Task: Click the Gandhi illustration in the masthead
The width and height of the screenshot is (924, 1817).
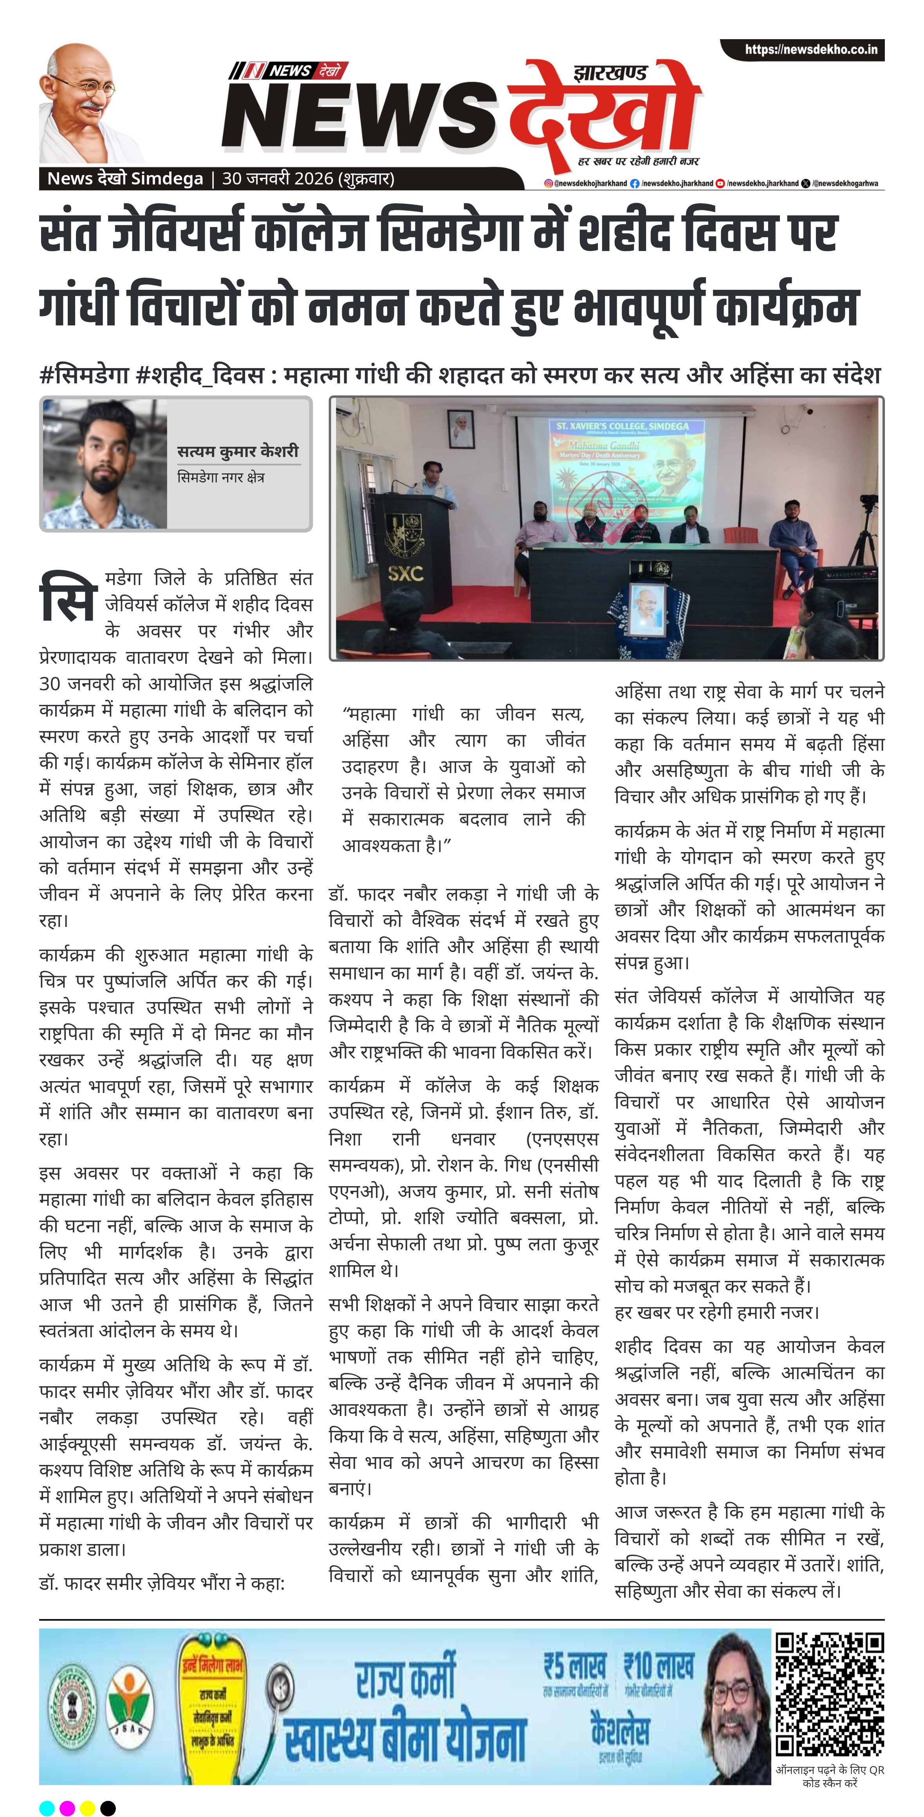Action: pyautogui.click(x=88, y=102)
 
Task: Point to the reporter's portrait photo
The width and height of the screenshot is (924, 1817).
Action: pyautogui.click(x=106, y=464)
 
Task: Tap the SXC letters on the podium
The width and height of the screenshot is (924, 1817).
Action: pyautogui.click(x=405, y=573)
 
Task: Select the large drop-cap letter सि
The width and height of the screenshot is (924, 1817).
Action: pyautogui.click(x=67, y=596)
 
